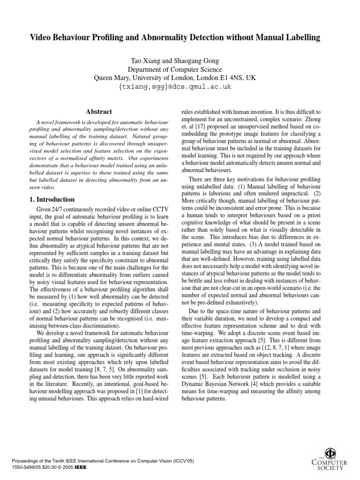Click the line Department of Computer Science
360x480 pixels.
[x=180, y=70]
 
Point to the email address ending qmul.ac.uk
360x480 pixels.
[x=180, y=87]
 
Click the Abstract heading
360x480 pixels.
[x=99, y=112]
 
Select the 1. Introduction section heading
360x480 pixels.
[x=52, y=199]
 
